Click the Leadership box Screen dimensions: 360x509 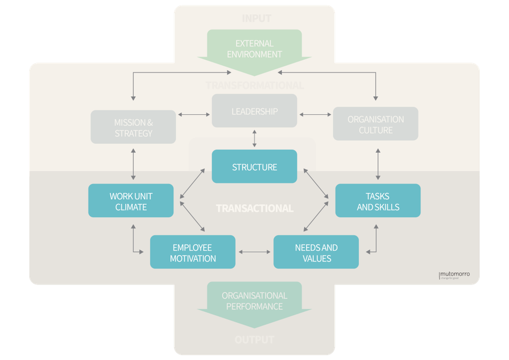(x=255, y=111)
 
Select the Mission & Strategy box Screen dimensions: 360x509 (x=133, y=127)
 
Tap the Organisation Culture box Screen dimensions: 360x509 (x=376, y=124)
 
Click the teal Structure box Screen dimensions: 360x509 (x=255, y=167)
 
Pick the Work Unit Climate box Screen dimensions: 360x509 (x=131, y=201)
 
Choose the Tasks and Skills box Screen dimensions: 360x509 (x=378, y=201)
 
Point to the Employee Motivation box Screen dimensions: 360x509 (x=193, y=252)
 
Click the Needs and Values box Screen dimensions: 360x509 (x=316, y=252)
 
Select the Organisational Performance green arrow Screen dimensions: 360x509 (x=255, y=303)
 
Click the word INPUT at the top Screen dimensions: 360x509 (x=257, y=18)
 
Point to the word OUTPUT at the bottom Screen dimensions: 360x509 (x=255, y=340)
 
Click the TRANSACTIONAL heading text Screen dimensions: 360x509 (x=255, y=208)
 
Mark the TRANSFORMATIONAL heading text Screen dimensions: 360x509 (x=255, y=85)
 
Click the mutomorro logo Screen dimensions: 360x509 (x=454, y=275)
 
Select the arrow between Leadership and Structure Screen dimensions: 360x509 (x=255, y=138)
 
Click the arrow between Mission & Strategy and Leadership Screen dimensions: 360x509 (x=193, y=114)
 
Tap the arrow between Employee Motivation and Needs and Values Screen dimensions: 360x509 (x=255, y=252)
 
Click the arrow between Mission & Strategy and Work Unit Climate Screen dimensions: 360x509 (x=133, y=164)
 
